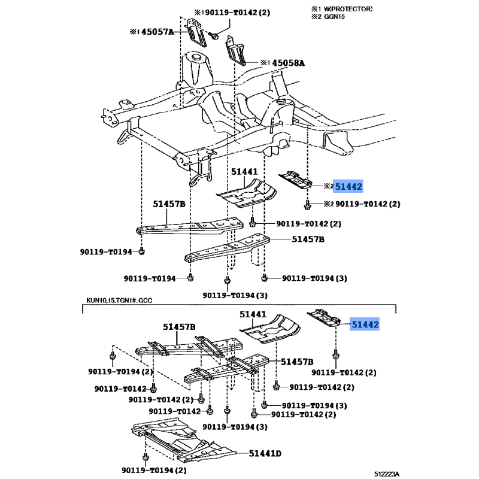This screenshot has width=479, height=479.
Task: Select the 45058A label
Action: [284, 62]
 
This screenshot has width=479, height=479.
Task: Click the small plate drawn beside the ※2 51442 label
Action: [296, 179]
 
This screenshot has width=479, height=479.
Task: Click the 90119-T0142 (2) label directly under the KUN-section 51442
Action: [353, 372]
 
